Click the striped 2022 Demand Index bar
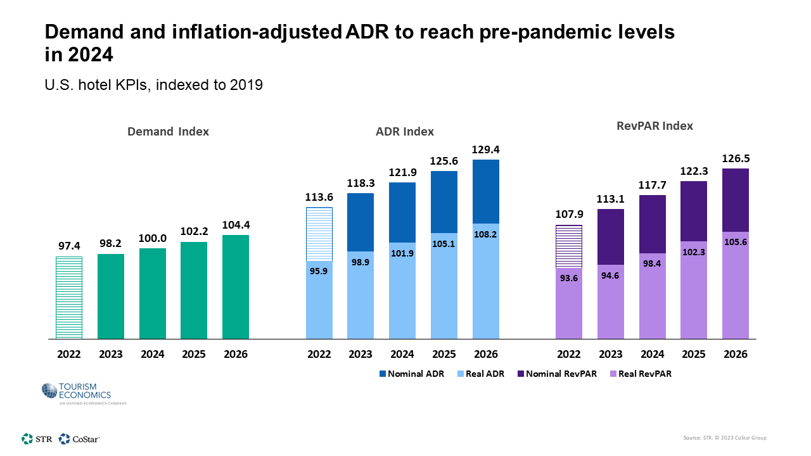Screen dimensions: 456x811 (69, 297)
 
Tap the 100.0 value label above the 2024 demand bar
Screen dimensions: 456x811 (153, 238)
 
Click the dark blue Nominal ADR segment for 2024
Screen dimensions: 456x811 (402, 212)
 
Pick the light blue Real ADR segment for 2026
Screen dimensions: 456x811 (486, 282)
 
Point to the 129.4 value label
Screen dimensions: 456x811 (486, 150)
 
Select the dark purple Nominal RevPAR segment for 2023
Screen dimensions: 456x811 (611, 236)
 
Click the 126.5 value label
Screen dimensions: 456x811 (736, 158)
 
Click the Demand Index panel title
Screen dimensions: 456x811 (168, 132)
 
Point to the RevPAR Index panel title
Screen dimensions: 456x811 (655, 126)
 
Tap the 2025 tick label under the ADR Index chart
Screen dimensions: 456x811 (444, 354)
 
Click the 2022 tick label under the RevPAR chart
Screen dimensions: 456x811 (569, 354)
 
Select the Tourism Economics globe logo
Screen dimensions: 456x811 (49, 391)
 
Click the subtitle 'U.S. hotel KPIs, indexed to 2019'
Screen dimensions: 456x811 (153, 84)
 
